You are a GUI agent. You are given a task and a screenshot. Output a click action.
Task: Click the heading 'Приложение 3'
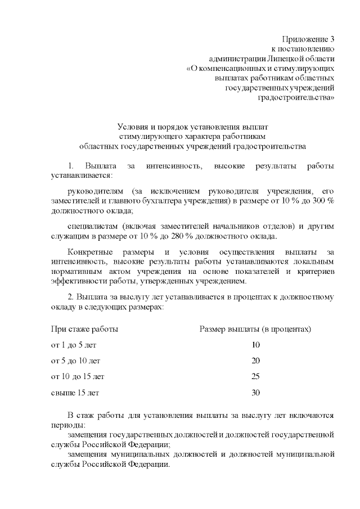click(312, 39)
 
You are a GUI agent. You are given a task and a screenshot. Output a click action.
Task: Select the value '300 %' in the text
click(322, 201)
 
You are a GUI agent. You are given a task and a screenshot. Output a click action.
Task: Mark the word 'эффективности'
click(78, 281)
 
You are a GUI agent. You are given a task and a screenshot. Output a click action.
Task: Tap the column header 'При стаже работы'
click(84, 328)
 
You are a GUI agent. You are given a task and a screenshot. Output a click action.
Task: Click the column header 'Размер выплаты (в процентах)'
click(255, 328)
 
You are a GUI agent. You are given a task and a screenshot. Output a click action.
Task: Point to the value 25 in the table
click(256, 376)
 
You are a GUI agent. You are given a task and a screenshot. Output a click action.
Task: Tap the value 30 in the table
click(256, 393)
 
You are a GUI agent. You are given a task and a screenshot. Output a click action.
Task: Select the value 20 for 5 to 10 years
click(256, 360)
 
